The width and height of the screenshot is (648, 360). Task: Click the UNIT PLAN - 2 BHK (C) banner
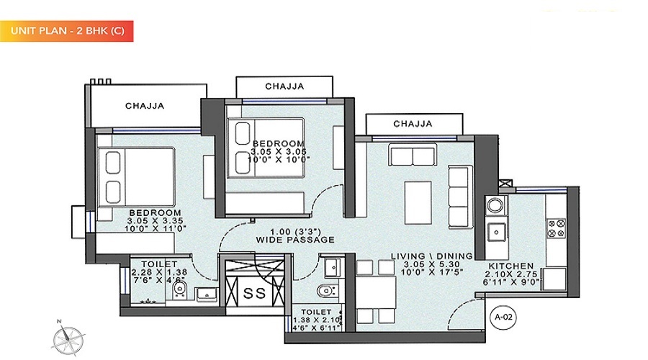point(66,31)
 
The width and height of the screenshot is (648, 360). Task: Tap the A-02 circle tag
point(504,317)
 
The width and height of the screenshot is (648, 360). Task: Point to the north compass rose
point(68,339)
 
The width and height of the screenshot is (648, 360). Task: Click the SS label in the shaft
point(255,294)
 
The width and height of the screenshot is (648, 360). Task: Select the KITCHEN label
point(510,266)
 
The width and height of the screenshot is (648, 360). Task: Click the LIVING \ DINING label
point(431,256)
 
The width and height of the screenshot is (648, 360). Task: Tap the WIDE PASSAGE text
point(295,240)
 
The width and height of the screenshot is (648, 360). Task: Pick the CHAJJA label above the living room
point(413,124)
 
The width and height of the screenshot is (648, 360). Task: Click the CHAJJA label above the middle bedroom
point(284,86)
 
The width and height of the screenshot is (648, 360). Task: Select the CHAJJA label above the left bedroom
point(145,106)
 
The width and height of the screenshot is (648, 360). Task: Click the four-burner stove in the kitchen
point(557,228)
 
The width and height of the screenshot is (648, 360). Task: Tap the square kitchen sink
point(496,232)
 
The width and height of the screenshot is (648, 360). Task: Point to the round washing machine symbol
point(495,204)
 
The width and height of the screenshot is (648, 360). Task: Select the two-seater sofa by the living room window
point(413,155)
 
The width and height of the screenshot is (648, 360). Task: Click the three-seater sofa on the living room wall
point(460,197)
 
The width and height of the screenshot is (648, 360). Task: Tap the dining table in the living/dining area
point(376,292)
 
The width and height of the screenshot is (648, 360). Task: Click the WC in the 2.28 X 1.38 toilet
point(180,289)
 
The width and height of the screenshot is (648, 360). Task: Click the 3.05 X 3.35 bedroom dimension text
point(155,221)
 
